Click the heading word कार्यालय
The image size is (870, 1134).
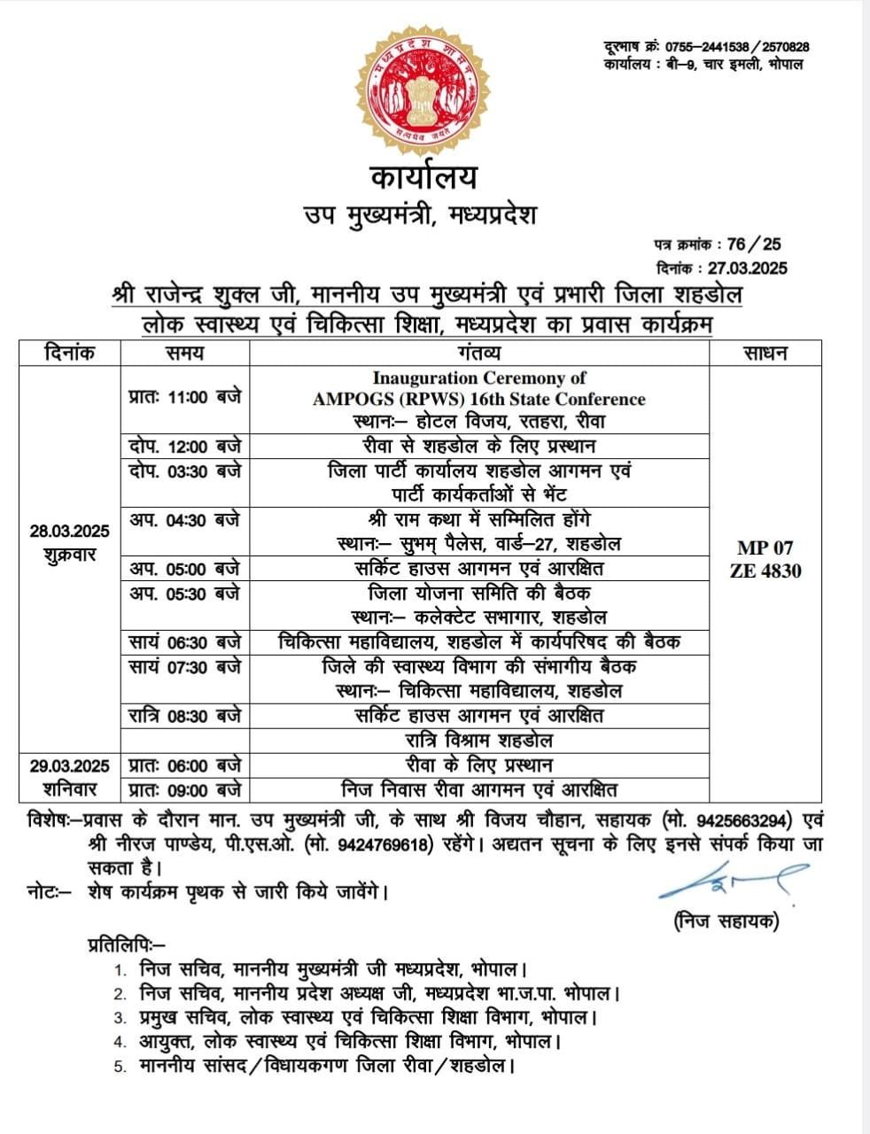click(423, 177)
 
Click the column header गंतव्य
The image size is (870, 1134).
click(479, 353)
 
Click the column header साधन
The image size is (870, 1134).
click(765, 353)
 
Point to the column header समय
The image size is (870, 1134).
click(184, 353)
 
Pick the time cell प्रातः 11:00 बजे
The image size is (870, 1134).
click(184, 397)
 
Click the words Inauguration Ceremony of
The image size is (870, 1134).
click(479, 378)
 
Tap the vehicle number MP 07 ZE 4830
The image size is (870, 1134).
click(765, 559)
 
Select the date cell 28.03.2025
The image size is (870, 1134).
click(69, 532)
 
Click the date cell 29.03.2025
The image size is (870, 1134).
click(69, 765)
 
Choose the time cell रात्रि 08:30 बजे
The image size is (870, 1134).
click(184, 715)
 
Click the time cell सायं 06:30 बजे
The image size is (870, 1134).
click(184, 641)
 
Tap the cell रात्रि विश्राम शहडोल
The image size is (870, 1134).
click(479, 740)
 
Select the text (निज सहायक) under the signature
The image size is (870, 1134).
click(726, 922)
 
